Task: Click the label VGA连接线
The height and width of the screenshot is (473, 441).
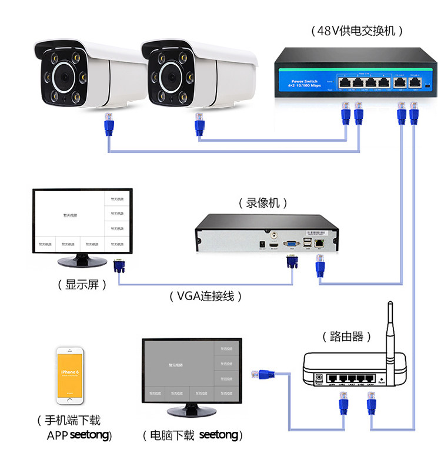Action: pyautogui.click(x=205, y=296)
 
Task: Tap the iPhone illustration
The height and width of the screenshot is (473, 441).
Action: pyautogui.click(x=69, y=376)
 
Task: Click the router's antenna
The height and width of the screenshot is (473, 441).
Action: pyautogui.click(x=389, y=329)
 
